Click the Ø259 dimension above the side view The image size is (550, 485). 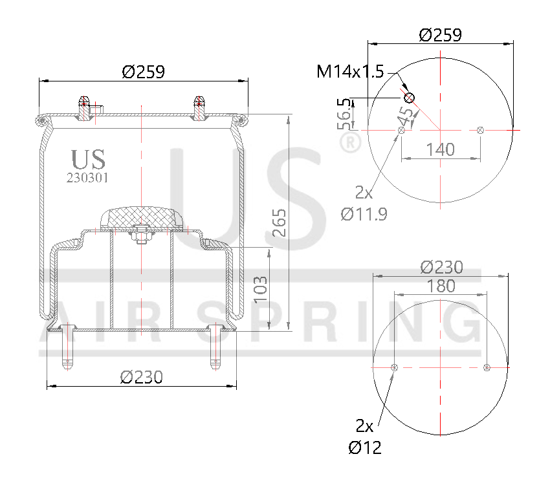tap(143, 72)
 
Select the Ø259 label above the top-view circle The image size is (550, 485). tap(440, 35)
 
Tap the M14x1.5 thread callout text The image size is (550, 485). tap(350, 72)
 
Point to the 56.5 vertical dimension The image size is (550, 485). tap(344, 113)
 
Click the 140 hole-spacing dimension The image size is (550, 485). tap(440, 149)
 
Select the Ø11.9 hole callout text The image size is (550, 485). tap(364, 214)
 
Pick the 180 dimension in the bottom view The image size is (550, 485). tap(441, 286)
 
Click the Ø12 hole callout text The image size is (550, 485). tap(364, 447)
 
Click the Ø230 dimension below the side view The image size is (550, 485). tap(141, 377)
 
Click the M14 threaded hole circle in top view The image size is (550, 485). tap(409, 98)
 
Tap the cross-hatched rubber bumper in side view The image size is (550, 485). tap(141, 217)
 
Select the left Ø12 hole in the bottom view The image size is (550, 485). tap(394, 367)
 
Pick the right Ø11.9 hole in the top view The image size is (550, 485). tap(480, 131)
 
